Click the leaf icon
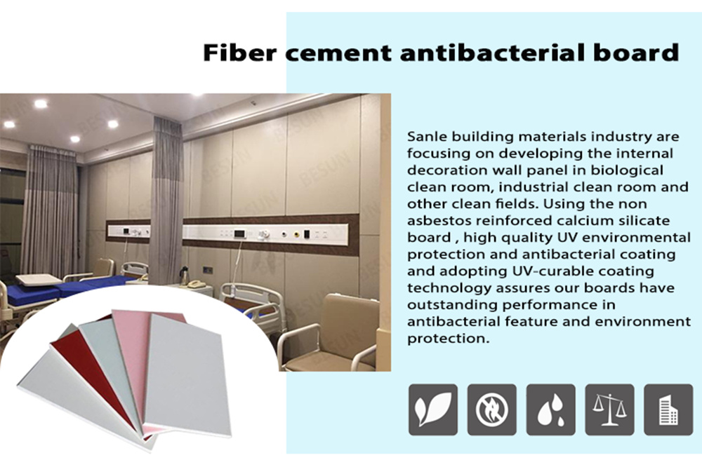point(433,410)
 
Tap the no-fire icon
point(491,410)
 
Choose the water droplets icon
point(550,410)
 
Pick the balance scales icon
point(609,410)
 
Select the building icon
point(668,410)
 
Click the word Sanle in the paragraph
point(427,137)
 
